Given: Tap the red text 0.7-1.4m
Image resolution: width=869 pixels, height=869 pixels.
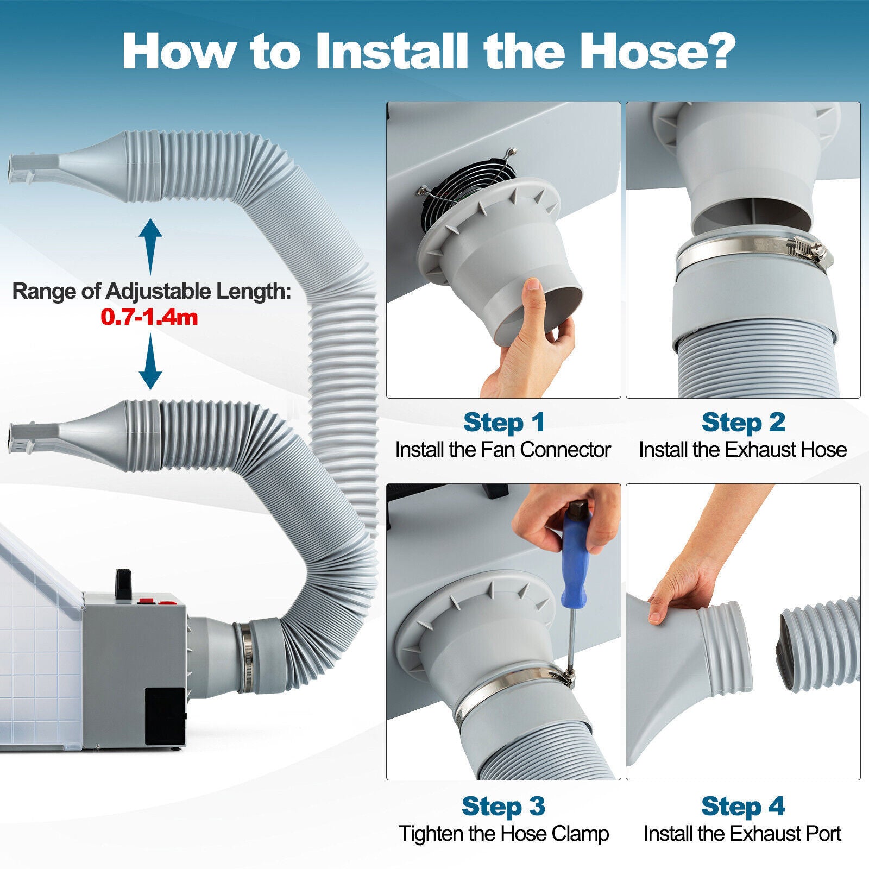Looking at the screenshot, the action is [149, 317].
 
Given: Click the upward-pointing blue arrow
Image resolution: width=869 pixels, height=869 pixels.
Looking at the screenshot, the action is [150, 247].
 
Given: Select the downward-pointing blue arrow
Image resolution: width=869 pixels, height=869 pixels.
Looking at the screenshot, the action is [150, 361].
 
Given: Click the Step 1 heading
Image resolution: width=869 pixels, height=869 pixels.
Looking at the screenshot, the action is [503, 422].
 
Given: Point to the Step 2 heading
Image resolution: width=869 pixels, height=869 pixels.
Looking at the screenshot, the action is [743, 422].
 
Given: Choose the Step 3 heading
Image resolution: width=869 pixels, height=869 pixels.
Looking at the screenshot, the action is [503, 806].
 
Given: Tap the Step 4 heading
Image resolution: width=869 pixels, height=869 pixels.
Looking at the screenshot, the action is [743, 806].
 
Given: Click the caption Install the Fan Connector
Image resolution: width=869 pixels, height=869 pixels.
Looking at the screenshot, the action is [503, 450].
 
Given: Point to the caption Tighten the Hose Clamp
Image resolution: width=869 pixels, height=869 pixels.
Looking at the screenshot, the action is [503, 834].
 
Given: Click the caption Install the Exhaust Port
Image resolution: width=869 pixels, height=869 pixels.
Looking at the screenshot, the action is [742, 834].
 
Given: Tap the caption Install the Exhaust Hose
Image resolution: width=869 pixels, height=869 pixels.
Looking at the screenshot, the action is [742, 450].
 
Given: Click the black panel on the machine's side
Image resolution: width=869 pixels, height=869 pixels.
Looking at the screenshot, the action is [165, 716].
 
